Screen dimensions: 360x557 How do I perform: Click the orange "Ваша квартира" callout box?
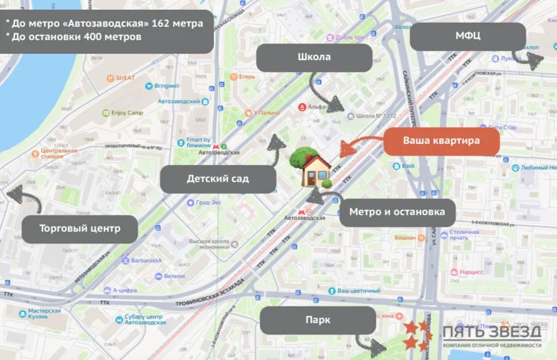(x=441, y=141)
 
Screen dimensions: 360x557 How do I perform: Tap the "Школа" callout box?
(x=314, y=57)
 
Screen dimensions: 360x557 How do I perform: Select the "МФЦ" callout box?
(x=468, y=36)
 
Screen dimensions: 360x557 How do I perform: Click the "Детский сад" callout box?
(x=218, y=178)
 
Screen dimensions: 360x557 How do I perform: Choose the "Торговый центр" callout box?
(x=79, y=228)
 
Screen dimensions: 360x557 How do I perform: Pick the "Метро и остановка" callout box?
(x=397, y=212)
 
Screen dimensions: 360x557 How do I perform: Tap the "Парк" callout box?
(x=318, y=320)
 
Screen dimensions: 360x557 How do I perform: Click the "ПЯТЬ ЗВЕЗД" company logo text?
(x=492, y=332)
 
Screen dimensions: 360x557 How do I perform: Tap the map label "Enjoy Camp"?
(x=127, y=113)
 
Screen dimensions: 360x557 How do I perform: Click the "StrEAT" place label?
(x=125, y=78)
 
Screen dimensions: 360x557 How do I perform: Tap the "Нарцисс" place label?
(x=472, y=271)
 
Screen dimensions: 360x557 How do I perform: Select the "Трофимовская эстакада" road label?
(x=210, y=299)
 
